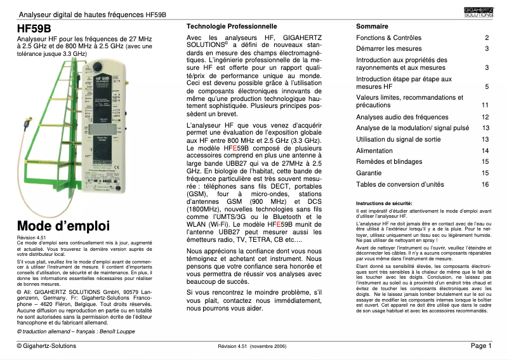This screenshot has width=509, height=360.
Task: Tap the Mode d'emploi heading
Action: (x=63, y=226)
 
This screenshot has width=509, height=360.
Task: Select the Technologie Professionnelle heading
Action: (x=231, y=27)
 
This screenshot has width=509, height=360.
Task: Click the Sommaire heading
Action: (x=372, y=27)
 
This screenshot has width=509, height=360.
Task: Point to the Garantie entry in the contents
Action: (x=369, y=172)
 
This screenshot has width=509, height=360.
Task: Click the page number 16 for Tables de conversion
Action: (x=485, y=184)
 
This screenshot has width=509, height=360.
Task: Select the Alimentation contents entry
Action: (x=374, y=150)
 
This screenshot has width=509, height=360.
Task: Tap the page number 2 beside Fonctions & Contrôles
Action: (x=487, y=38)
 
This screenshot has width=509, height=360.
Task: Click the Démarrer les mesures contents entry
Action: (x=389, y=49)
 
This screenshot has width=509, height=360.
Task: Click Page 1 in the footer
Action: (x=480, y=346)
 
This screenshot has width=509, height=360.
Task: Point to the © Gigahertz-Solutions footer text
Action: (x=46, y=346)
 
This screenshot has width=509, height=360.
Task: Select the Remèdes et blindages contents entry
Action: (x=389, y=161)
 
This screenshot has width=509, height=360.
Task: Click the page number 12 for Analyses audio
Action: (x=485, y=117)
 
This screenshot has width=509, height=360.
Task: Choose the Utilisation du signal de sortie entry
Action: (x=398, y=139)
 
